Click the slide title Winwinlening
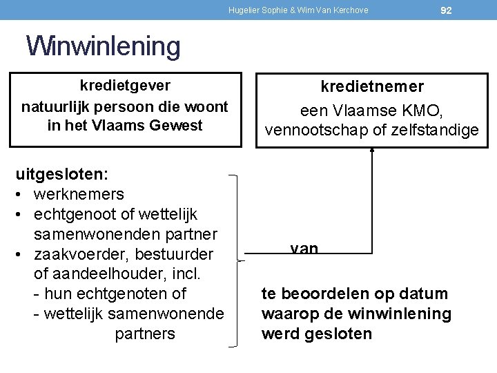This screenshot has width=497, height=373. pyautogui.click(x=104, y=46)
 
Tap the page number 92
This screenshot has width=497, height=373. pyautogui.click(x=446, y=10)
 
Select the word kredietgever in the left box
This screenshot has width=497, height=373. pyautogui.click(x=125, y=86)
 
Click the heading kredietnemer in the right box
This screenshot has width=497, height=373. pyautogui.click(x=372, y=87)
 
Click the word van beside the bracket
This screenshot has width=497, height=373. pyautogui.click(x=304, y=247)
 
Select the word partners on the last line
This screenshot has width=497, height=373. pyautogui.click(x=145, y=334)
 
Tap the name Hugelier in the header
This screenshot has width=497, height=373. pyautogui.click(x=244, y=10)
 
